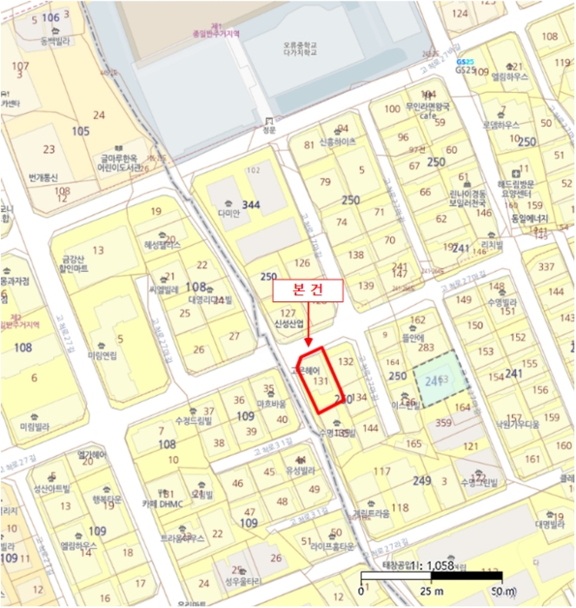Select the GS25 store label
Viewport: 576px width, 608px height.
466,69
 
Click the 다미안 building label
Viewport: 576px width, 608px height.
228,212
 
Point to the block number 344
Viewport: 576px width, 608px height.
252,204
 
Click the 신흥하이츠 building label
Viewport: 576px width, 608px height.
338,142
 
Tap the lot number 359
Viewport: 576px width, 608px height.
443,423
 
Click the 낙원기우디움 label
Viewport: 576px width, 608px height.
518,424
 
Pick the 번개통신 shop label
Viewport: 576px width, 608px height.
43,177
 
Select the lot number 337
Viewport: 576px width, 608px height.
546,266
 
